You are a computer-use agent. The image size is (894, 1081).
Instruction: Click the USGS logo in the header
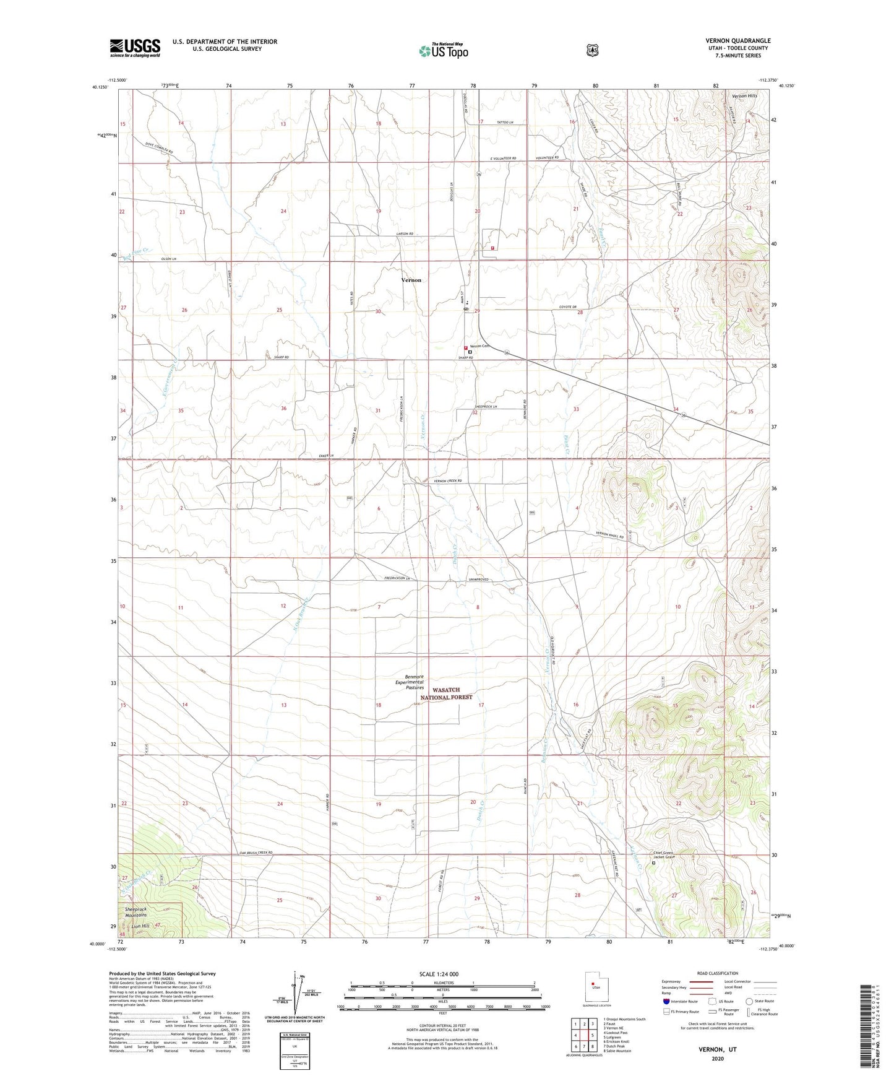[x=135, y=48]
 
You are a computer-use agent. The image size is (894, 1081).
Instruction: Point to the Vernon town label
[x=411, y=280]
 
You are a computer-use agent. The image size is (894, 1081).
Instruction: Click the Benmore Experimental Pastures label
[x=410, y=682]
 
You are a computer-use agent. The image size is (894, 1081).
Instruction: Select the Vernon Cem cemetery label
[x=480, y=346]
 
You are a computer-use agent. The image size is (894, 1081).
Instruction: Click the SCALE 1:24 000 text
[x=439, y=974]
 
